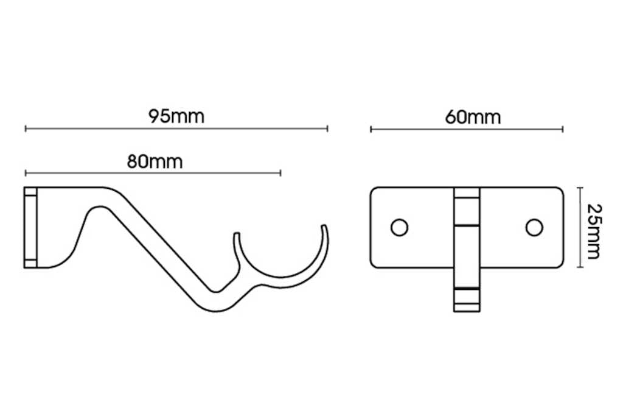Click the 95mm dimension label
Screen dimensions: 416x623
(x=176, y=116)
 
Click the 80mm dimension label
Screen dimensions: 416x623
(x=155, y=161)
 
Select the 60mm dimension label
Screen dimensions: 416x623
(x=473, y=117)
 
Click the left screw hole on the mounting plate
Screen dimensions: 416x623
(x=399, y=227)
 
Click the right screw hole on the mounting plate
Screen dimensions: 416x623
(x=534, y=227)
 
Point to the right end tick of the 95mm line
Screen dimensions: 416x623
(x=327, y=129)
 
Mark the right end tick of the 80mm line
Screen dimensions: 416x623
(x=280, y=173)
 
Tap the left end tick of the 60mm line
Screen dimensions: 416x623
(x=371, y=129)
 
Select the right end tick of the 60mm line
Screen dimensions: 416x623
(x=563, y=129)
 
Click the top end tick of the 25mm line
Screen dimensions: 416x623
(x=579, y=188)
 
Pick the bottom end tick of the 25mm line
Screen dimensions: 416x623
(x=579, y=267)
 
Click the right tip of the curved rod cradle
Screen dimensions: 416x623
(x=325, y=227)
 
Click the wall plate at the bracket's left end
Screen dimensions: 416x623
(x=30, y=227)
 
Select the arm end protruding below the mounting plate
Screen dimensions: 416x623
(x=467, y=298)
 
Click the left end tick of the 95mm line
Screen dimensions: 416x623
(x=26, y=129)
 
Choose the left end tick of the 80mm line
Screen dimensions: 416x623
(x=26, y=173)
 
